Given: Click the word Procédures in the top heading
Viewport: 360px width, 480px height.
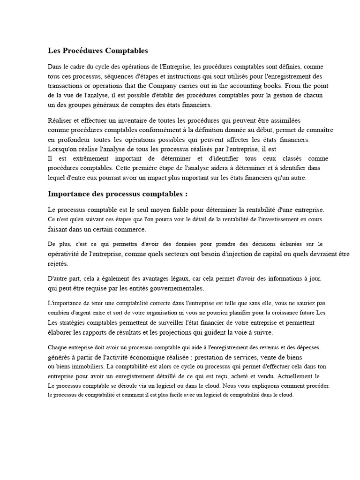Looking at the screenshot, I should click(x=84, y=50).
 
